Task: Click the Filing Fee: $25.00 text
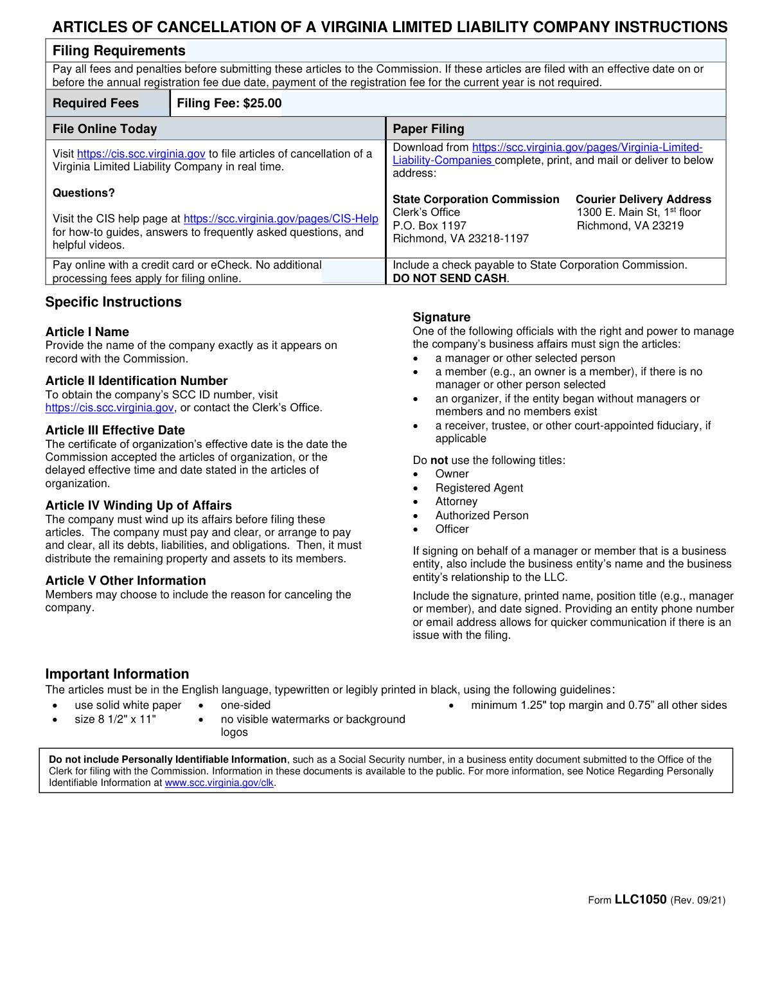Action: point(229,103)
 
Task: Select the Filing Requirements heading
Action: point(119,51)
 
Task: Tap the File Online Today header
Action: point(105,129)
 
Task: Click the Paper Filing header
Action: point(429,129)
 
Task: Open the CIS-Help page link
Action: point(281,219)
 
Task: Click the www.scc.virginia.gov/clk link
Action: point(219,783)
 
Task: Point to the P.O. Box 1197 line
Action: point(429,226)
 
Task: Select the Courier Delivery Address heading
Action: point(643,199)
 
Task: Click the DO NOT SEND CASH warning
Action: point(450,278)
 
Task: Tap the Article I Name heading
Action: point(87,332)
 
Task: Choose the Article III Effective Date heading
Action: point(115,431)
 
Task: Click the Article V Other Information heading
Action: point(126,581)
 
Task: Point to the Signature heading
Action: point(441,317)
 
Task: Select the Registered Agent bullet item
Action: point(479,488)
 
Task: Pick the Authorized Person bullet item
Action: point(482,516)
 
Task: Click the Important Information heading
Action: point(117,674)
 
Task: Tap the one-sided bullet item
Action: point(245,706)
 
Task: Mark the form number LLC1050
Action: point(641,900)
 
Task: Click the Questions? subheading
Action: point(84,193)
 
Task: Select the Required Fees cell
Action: point(96,103)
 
